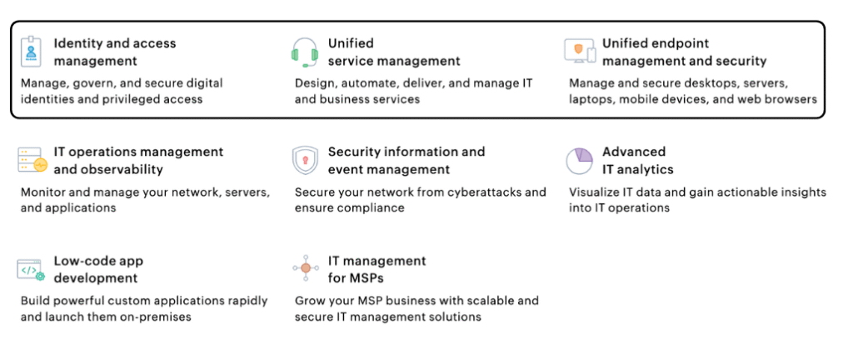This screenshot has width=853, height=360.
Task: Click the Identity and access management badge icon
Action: (31, 52)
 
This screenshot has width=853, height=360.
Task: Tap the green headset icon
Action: (305, 52)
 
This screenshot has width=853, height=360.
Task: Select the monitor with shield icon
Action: (579, 52)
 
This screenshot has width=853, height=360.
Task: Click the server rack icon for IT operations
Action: (32, 160)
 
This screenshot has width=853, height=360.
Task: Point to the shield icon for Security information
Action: (305, 159)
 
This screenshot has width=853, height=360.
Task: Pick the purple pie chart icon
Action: (579, 160)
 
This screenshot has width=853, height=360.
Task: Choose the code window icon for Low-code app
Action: (31, 269)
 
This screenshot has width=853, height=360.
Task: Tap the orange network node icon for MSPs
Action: (305, 268)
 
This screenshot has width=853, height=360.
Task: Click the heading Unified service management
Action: (377, 52)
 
